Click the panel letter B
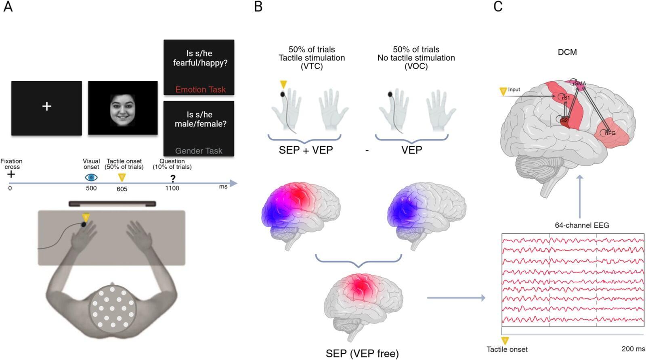point(258,7)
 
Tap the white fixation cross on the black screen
point(46,106)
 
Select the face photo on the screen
point(122,108)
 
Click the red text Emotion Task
point(200,90)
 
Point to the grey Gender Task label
point(199,151)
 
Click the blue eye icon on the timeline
point(91,177)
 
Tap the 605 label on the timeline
point(122,189)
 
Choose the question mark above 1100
point(172,178)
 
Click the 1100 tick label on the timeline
point(172,188)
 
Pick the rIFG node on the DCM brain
point(610,133)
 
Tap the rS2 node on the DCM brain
point(564,120)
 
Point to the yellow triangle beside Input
point(503,92)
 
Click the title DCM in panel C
point(567,52)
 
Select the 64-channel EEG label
point(581,225)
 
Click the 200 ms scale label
point(633,349)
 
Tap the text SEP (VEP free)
point(362,354)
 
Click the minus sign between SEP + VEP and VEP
point(367,151)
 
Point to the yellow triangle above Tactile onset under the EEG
point(505,341)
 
